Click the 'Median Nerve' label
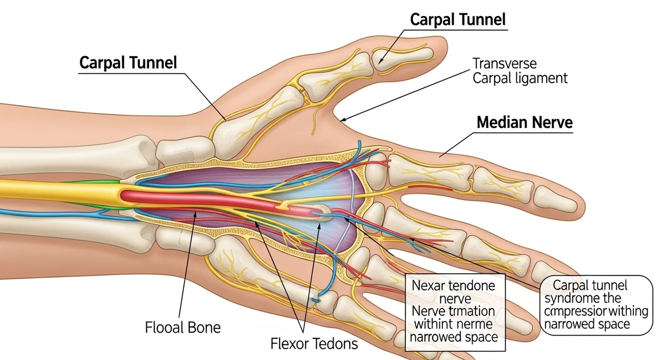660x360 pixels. [524, 123]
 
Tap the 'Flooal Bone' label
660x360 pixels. [183, 327]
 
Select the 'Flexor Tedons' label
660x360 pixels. [314, 343]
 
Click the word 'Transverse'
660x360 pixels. [505, 64]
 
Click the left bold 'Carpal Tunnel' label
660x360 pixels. [128, 63]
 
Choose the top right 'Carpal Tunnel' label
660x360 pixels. [458, 20]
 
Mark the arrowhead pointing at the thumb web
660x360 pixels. [342, 120]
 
